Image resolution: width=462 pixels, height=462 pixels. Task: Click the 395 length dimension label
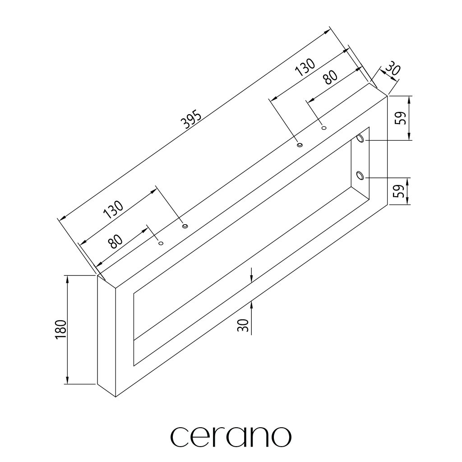tap(192, 120)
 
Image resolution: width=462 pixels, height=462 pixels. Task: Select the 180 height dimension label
tap(61, 329)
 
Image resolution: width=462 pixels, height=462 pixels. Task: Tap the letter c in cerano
tap(179, 437)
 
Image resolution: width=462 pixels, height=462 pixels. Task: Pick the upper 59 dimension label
tap(401, 118)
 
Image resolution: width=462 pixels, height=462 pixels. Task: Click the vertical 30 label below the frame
tap(243, 325)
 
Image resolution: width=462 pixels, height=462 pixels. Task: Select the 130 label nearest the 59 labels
tap(305, 67)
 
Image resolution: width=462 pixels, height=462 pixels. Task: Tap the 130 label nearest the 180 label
tap(113, 209)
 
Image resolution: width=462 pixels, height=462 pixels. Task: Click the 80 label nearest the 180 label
tap(115, 241)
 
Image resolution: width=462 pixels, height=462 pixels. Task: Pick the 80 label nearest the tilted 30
tap(330, 77)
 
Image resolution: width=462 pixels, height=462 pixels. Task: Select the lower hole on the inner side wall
tap(360, 176)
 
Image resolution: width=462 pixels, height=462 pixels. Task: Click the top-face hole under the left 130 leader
tap(185, 226)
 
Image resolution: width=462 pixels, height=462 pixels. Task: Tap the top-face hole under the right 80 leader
tap(324, 128)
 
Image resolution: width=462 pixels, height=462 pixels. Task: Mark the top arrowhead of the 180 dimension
tap(68, 279)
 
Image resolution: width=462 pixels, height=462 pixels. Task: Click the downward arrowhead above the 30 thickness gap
tap(251, 279)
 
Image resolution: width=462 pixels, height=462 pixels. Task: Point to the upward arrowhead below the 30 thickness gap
tap(251, 305)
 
